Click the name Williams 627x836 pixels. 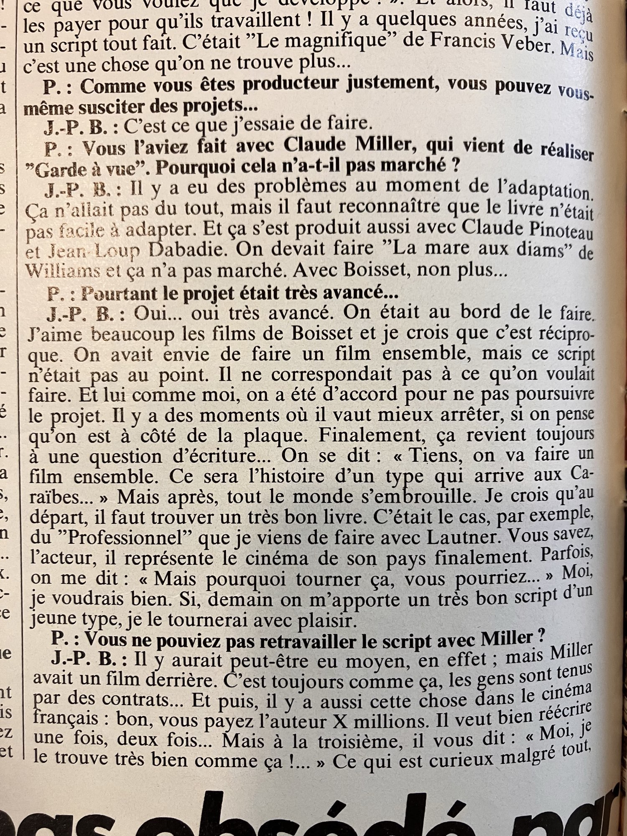[62, 271]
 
